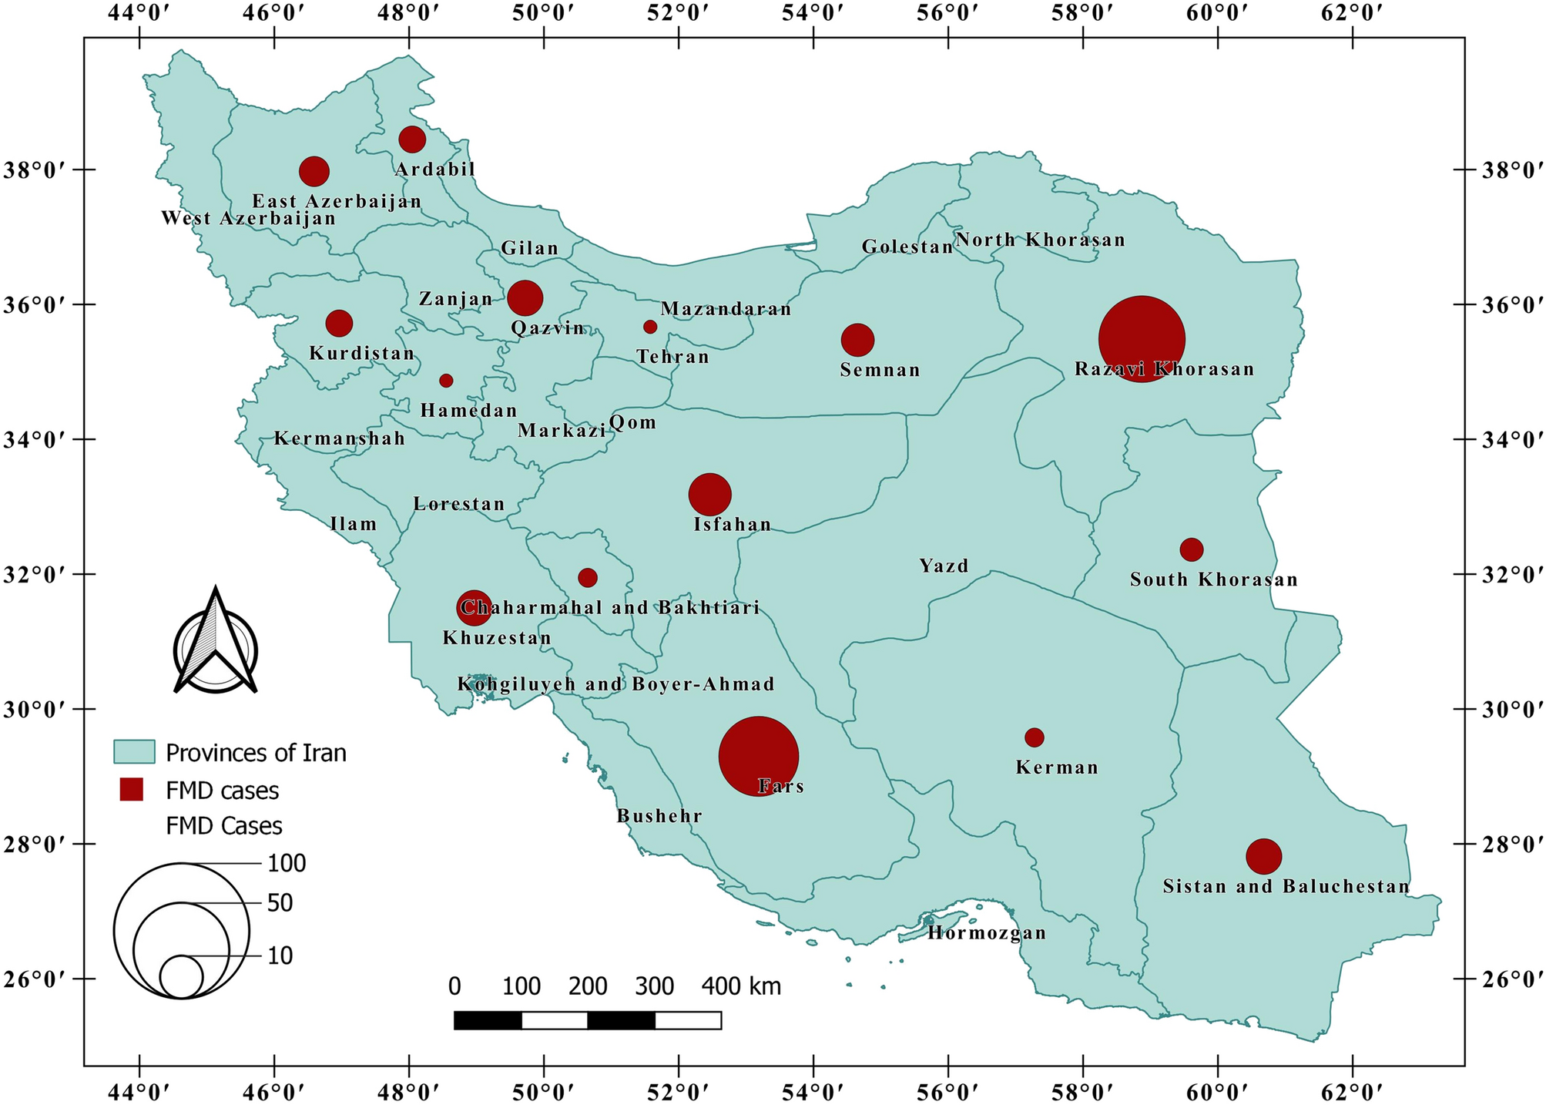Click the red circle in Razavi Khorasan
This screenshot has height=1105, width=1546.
point(1142,339)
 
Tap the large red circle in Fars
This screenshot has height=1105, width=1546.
point(758,757)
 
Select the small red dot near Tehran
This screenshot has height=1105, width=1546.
point(650,327)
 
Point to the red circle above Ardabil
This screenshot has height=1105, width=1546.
point(412,139)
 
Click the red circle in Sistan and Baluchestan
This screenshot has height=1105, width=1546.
point(1263,856)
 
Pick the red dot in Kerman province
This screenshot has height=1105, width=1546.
point(1034,737)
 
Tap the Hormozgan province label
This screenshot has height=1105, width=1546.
point(987,934)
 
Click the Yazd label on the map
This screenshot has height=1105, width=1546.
point(944,566)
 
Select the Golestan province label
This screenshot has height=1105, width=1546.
point(907,247)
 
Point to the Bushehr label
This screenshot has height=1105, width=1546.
point(659,816)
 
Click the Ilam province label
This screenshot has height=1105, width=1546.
point(354,525)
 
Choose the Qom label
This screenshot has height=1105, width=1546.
point(632,422)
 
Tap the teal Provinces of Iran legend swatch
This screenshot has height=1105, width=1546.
point(135,752)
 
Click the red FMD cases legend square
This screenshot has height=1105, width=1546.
point(132,790)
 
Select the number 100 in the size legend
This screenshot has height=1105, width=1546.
point(287,864)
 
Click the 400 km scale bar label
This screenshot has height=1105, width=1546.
point(741,986)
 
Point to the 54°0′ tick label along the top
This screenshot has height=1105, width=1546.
point(813,15)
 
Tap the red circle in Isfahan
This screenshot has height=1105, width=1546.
point(709,495)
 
